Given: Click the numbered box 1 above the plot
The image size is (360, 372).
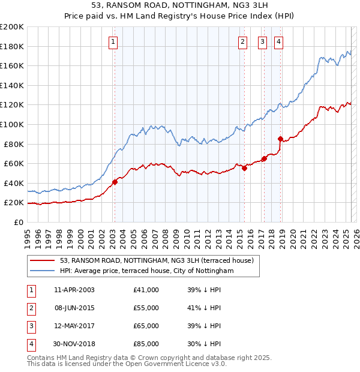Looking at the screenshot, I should [x=113, y=41].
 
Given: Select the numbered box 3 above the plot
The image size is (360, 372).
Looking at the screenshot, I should [x=262, y=41].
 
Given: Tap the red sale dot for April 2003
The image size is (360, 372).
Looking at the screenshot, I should [x=115, y=182].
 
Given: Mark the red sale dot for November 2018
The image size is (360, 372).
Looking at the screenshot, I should [x=280, y=139].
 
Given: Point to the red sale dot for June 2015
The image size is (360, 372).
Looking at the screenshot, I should [x=244, y=169].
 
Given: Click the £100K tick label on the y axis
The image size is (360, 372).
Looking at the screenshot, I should [x=12, y=124].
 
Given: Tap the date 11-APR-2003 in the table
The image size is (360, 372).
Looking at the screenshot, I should [x=74, y=290].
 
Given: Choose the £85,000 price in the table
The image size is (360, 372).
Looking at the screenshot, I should [x=146, y=344].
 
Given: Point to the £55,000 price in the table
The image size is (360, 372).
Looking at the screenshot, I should [x=146, y=308].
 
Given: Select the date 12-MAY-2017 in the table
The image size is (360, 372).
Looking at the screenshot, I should [x=74, y=326].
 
